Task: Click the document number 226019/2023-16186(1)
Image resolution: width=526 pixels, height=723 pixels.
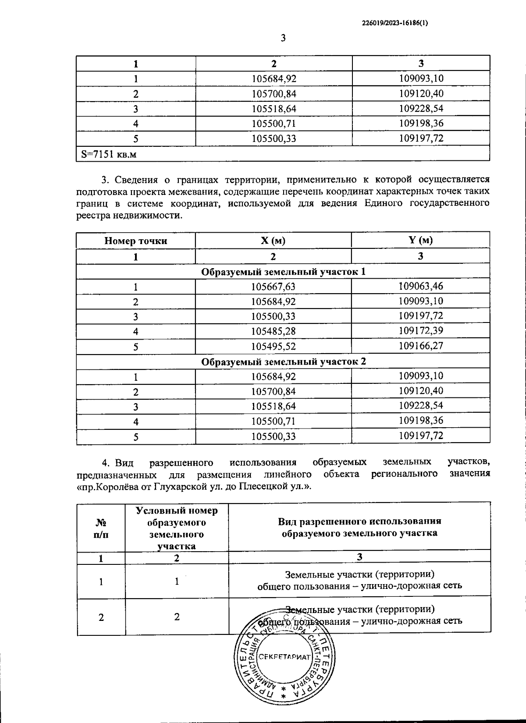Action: click(x=395, y=25)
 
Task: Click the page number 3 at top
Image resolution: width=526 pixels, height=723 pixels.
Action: click(x=283, y=39)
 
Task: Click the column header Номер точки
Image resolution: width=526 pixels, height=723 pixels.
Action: click(x=135, y=241)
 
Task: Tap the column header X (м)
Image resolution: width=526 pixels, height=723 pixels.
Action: click(x=273, y=240)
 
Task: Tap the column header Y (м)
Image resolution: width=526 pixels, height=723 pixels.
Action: click(x=420, y=240)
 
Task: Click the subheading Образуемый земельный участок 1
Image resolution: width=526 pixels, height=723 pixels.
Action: click(x=283, y=272)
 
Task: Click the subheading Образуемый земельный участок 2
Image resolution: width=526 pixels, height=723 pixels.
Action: click(x=283, y=362)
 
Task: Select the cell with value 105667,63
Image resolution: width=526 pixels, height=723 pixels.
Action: click(x=273, y=287)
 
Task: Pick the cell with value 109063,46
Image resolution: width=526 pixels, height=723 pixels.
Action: click(x=420, y=286)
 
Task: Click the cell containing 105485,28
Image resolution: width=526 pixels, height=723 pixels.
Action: click(x=273, y=331)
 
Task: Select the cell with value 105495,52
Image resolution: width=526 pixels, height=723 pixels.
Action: click(x=273, y=347)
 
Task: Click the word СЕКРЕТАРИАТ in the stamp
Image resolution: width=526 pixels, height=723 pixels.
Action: click(x=284, y=657)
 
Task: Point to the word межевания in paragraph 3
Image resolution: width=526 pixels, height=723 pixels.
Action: click(x=192, y=191)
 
